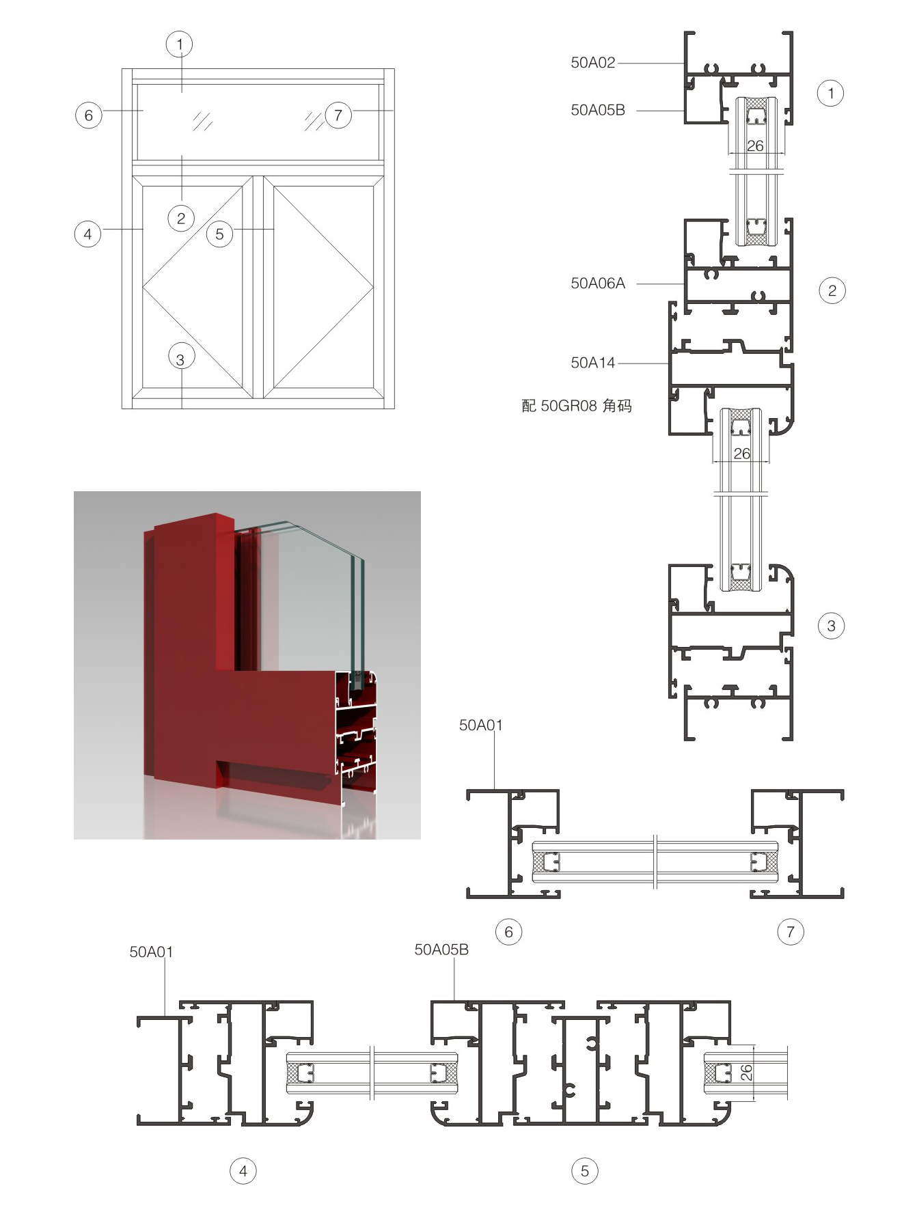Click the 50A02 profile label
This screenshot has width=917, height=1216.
tap(593, 63)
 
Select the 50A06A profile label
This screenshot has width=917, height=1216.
tap(598, 284)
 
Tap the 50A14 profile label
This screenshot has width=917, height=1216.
tap(593, 363)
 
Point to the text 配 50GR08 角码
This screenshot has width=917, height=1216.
tap(577, 406)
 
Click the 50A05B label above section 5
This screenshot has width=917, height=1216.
tap(441, 950)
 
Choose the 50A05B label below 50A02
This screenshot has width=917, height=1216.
tap(598, 110)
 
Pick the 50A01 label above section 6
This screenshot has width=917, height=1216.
tap(481, 726)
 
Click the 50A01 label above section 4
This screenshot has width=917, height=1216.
tap(151, 952)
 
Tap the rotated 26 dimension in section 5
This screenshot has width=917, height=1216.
tap(746, 1073)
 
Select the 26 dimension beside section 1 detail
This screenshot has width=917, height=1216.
tap(755, 146)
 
